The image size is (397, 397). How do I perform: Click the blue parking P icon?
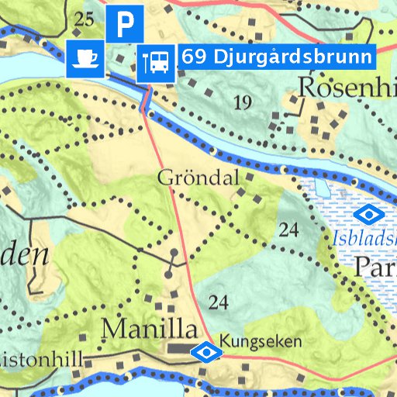click(123, 24)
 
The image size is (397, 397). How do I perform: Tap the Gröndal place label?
click(198, 178)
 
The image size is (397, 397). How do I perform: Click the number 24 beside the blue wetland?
click(289, 230)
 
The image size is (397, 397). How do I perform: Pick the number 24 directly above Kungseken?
click(219, 302)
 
